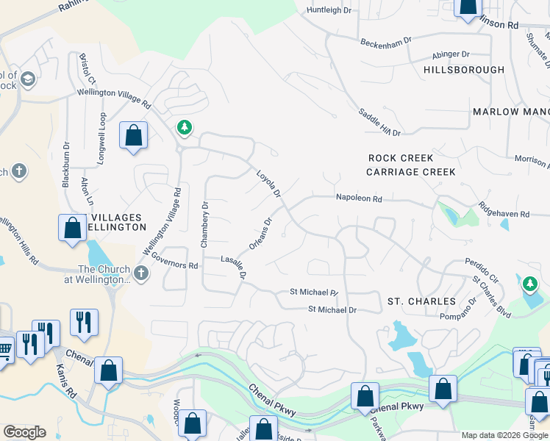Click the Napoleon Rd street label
click(x=359, y=198)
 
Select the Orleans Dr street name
click(x=261, y=233)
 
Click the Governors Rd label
click(x=175, y=261)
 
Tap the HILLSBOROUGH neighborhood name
click(x=464, y=70)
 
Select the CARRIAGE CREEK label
click(x=411, y=172)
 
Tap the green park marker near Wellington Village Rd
click(x=184, y=128)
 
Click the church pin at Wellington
click(x=141, y=274)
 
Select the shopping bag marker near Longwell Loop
click(x=133, y=136)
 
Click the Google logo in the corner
click(x=24, y=432)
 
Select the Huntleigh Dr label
click(x=330, y=10)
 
